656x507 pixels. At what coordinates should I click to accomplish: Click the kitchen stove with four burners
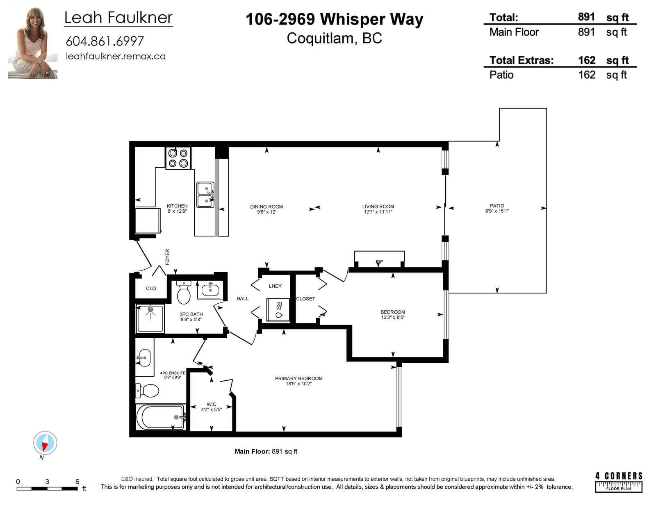[x=178, y=158]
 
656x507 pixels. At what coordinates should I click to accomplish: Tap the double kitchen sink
[x=205, y=195]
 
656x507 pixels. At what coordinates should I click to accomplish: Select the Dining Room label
[x=266, y=207]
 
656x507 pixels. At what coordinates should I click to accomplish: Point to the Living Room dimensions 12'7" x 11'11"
[x=378, y=212]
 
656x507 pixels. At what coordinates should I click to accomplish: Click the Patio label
[x=497, y=206]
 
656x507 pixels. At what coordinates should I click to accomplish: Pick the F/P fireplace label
[x=380, y=261]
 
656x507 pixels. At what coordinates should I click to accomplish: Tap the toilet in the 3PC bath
[x=184, y=292]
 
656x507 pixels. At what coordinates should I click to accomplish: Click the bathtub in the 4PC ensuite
[x=161, y=417]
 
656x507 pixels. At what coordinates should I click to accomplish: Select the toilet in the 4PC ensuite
[x=147, y=391]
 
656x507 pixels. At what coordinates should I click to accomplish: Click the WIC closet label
[x=211, y=404]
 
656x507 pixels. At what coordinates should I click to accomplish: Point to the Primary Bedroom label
[x=298, y=378]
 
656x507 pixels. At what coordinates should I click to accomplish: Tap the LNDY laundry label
[x=275, y=286]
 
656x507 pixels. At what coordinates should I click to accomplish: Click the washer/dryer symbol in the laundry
[x=278, y=309]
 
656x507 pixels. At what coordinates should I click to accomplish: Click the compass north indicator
[x=45, y=443]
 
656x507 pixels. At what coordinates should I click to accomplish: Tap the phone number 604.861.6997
[x=105, y=41]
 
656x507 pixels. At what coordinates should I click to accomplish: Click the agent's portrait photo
[x=33, y=43]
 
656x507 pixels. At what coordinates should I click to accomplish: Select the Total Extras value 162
[x=587, y=60]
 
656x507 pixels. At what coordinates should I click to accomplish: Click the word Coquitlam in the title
[x=320, y=39]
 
